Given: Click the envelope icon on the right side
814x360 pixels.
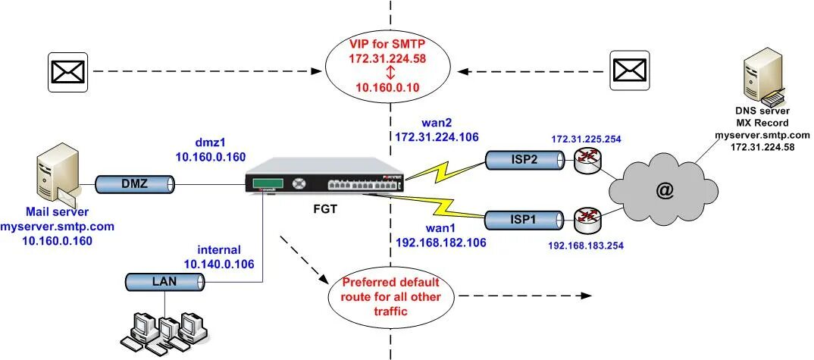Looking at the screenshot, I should pyautogui.click(x=629, y=70).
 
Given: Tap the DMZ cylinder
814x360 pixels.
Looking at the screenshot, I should pyautogui.click(x=135, y=183).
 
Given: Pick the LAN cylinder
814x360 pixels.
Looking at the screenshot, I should pyautogui.click(x=164, y=282).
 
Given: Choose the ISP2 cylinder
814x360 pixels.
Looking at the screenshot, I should pyautogui.click(x=524, y=159).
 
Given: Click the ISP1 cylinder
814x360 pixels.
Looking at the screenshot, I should pyautogui.click(x=524, y=220).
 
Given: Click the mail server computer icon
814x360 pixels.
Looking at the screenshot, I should pyautogui.click(x=58, y=175).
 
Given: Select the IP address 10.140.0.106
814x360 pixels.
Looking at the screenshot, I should pyautogui.click(x=218, y=263).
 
